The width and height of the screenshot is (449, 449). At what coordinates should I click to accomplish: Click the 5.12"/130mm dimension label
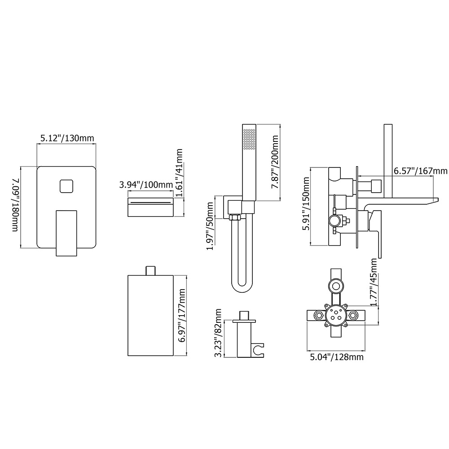[67, 138]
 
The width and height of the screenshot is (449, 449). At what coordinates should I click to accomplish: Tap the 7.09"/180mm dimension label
[16, 205]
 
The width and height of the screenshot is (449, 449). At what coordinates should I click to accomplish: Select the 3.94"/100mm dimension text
[146, 185]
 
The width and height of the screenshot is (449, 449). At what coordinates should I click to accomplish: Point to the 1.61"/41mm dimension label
[179, 173]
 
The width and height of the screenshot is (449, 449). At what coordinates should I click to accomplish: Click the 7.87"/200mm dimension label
[275, 162]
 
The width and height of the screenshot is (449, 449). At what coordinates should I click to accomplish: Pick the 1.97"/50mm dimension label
[210, 226]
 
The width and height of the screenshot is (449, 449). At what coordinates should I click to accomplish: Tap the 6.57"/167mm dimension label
[420, 171]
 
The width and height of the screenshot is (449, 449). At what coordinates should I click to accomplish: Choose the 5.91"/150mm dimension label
[306, 203]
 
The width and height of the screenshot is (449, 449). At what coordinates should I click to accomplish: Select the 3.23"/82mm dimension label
[218, 333]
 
